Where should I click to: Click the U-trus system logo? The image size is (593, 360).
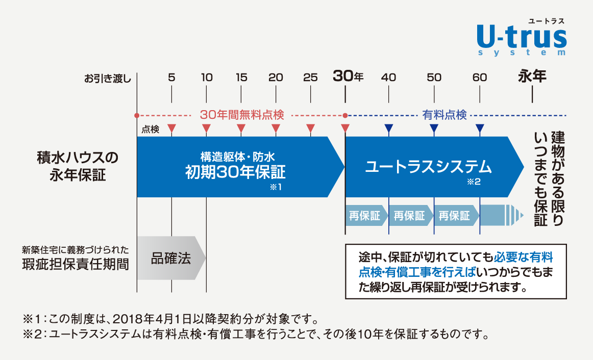[x=522, y=37]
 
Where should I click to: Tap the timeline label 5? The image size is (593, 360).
[x=171, y=78]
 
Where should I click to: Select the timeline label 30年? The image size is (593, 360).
[x=348, y=76]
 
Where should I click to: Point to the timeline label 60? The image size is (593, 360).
[x=480, y=78]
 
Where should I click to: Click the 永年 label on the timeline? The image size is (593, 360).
[x=532, y=76]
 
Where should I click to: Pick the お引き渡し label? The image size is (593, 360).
[x=107, y=79]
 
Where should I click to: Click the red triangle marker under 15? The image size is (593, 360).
[x=241, y=128]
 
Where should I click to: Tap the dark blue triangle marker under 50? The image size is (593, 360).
[x=434, y=128]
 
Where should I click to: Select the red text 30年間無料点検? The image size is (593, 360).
[x=242, y=115]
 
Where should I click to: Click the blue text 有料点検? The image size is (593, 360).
[x=444, y=115]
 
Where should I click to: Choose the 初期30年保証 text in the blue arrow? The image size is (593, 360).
[x=235, y=172]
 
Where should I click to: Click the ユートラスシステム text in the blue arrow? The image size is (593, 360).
[x=428, y=167]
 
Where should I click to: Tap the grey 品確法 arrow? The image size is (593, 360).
[x=171, y=259]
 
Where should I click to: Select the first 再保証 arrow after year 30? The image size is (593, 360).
[x=366, y=216]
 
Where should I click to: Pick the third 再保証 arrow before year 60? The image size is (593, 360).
[x=456, y=216]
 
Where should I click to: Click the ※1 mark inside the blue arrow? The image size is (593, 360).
[x=276, y=187]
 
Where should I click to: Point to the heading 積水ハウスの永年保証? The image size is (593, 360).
[x=78, y=166]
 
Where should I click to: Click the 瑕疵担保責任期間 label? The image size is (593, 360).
[x=75, y=264]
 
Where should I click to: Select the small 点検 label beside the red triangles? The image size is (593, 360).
[x=151, y=130]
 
